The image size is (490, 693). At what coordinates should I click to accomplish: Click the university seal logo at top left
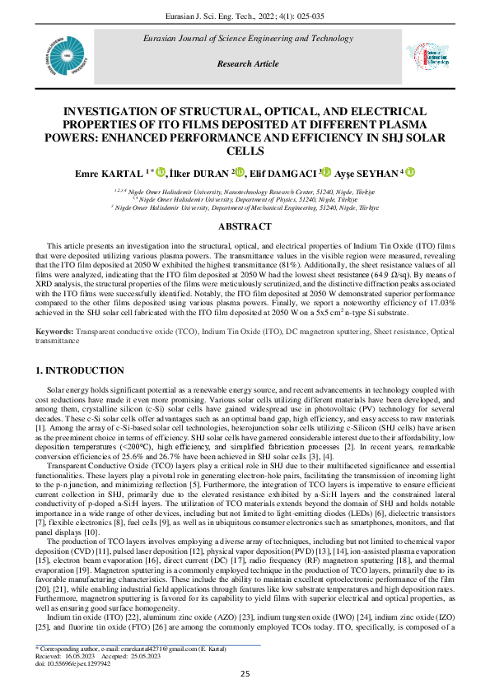click(58, 59)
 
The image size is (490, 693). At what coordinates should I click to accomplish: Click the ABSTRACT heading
click(245, 226)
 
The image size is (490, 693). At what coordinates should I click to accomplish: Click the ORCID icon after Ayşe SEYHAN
click(409, 173)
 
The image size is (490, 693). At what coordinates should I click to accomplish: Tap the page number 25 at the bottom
click(245, 674)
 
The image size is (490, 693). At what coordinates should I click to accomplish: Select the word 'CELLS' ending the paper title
click(245, 151)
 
